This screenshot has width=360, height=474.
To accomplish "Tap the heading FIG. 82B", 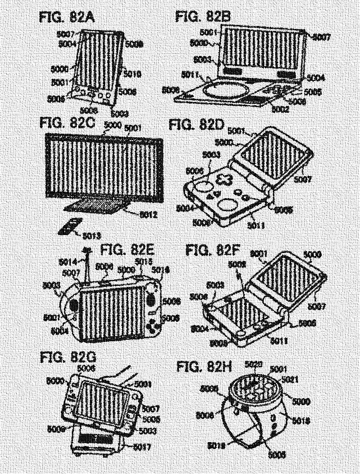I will [203, 18].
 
